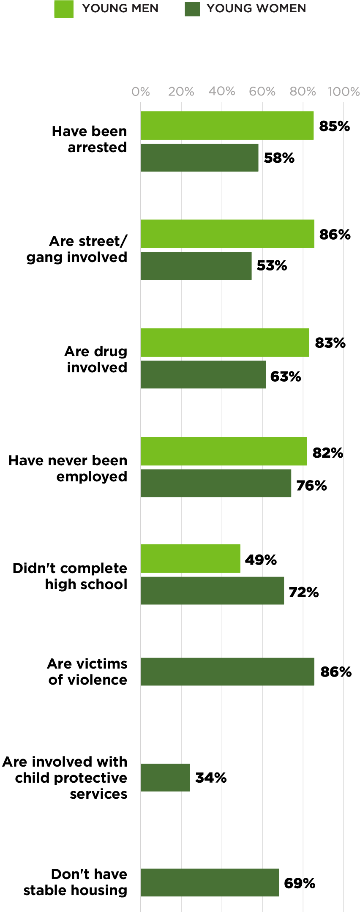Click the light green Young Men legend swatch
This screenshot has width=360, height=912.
click(x=64, y=9)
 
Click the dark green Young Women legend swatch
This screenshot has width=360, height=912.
click(x=192, y=9)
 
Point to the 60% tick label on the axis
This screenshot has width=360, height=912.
click(x=262, y=92)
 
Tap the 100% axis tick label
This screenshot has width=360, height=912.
click(x=344, y=92)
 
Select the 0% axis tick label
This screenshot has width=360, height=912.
click(x=141, y=92)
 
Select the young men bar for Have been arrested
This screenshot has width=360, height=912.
click(x=227, y=126)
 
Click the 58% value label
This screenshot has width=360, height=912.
click(x=279, y=158)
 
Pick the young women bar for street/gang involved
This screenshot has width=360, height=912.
click(x=196, y=266)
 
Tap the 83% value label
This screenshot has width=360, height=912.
click(x=330, y=343)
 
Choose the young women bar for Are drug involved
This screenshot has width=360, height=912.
click(x=203, y=374)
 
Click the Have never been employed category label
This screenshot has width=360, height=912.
click(x=68, y=468)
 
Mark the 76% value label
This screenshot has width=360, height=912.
click(x=311, y=486)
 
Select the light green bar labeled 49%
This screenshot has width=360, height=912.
click(x=190, y=559)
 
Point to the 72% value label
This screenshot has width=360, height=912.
click(x=303, y=592)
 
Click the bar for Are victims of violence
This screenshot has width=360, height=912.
click(x=227, y=672)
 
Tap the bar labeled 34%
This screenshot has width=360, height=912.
click(x=165, y=778)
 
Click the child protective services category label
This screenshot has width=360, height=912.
click(x=65, y=778)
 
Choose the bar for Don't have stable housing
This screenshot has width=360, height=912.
click(x=210, y=882)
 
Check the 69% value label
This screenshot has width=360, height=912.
click(x=300, y=883)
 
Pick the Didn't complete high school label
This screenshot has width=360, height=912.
click(x=70, y=576)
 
